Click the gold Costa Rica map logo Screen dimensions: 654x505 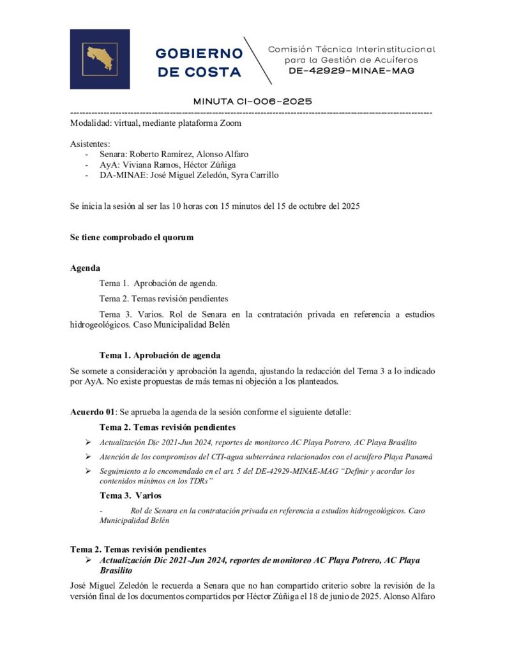click(100, 59)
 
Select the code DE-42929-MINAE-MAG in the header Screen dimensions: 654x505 click(351, 71)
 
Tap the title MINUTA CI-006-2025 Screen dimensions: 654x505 click(252, 102)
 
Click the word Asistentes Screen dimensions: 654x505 click(90, 144)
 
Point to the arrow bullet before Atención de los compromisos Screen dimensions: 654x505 click(88, 457)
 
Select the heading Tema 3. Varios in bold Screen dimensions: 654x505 click(130, 495)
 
